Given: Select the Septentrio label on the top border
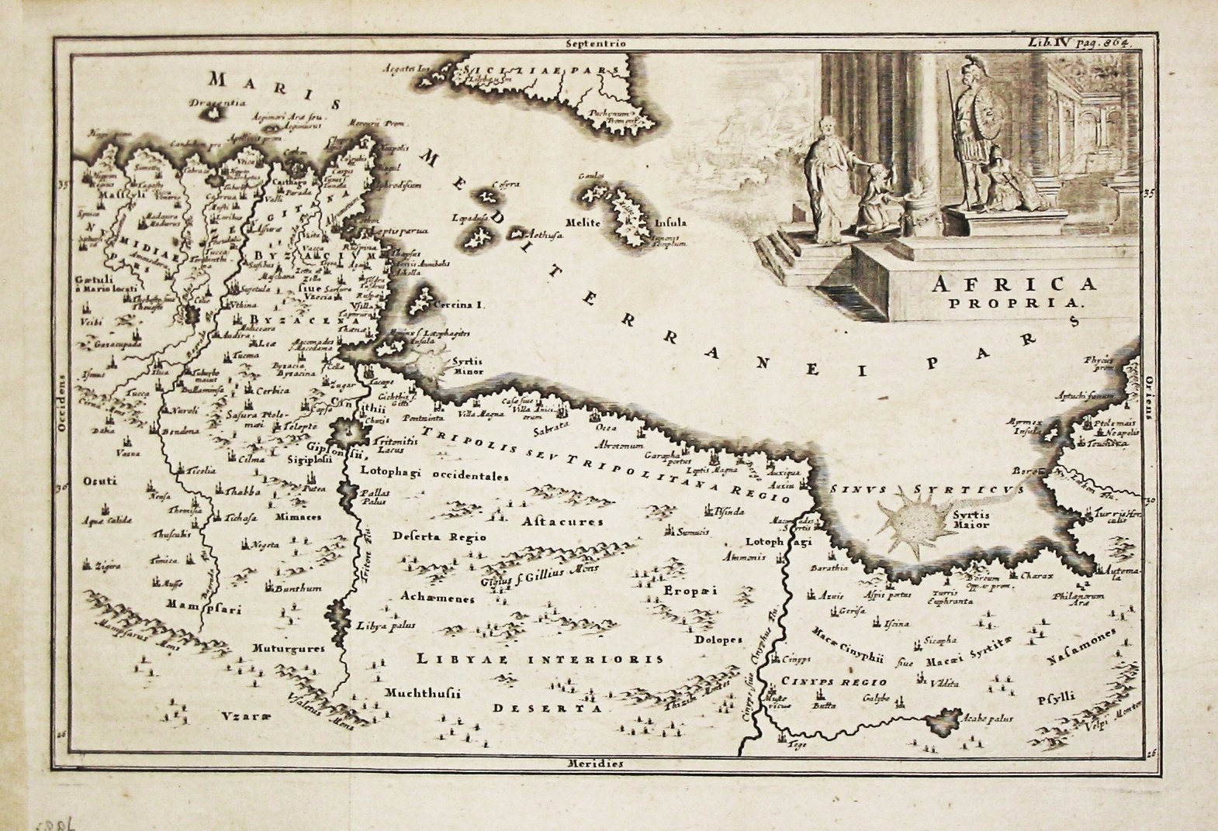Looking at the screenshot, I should coord(595,44).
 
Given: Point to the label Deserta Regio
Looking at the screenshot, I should coord(439,536).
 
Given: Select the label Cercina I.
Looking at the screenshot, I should coord(458,305).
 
